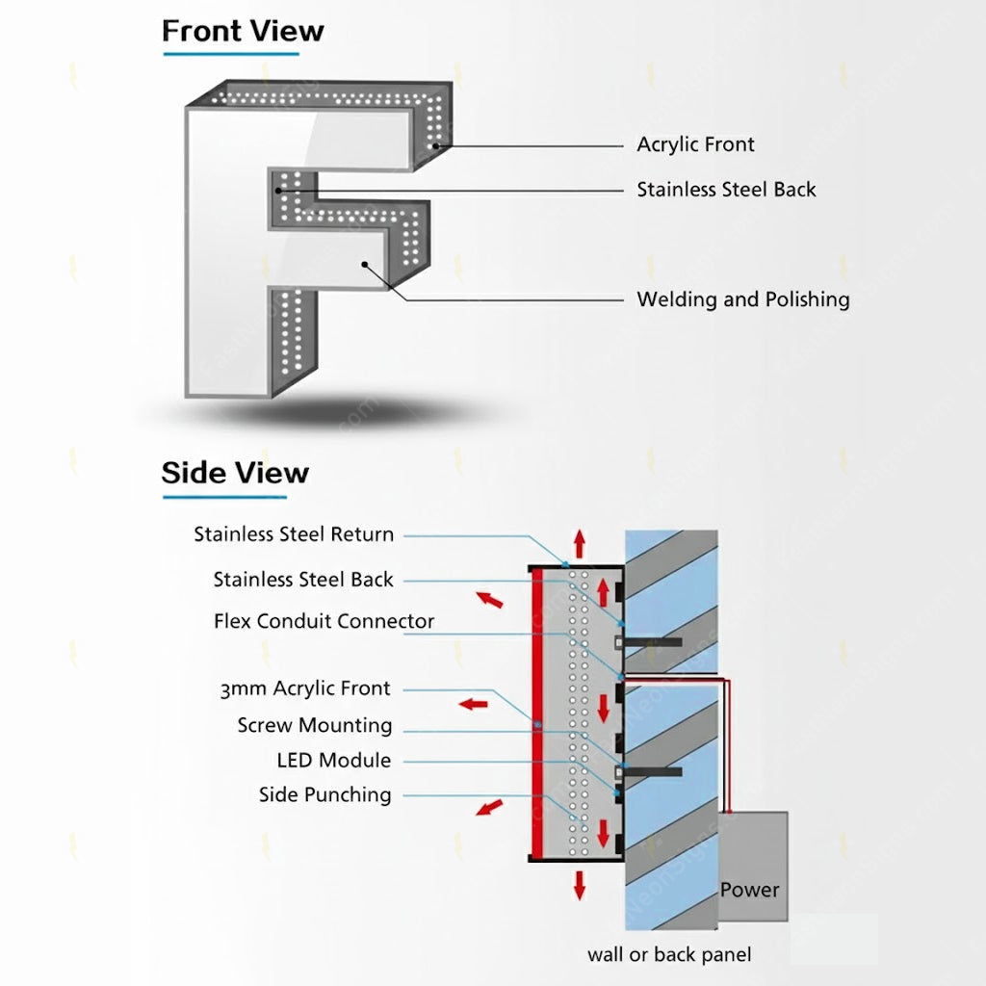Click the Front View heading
tap(243, 31)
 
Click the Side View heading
tap(235, 473)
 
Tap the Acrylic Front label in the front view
tap(695, 144)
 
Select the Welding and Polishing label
tap(742, 299)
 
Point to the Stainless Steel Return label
tap(294, 534)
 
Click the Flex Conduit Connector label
tap(324, 621)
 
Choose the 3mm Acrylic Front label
tap(304, 688)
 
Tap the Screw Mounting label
tap(314, 725)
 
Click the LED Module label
tap(333, 761)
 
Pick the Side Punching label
tap(324, 794)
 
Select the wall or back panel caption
tap(669, 955)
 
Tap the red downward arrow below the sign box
tap(579, 884)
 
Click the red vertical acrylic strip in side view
tap(537, 713)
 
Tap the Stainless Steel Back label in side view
tap(303, 580)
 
